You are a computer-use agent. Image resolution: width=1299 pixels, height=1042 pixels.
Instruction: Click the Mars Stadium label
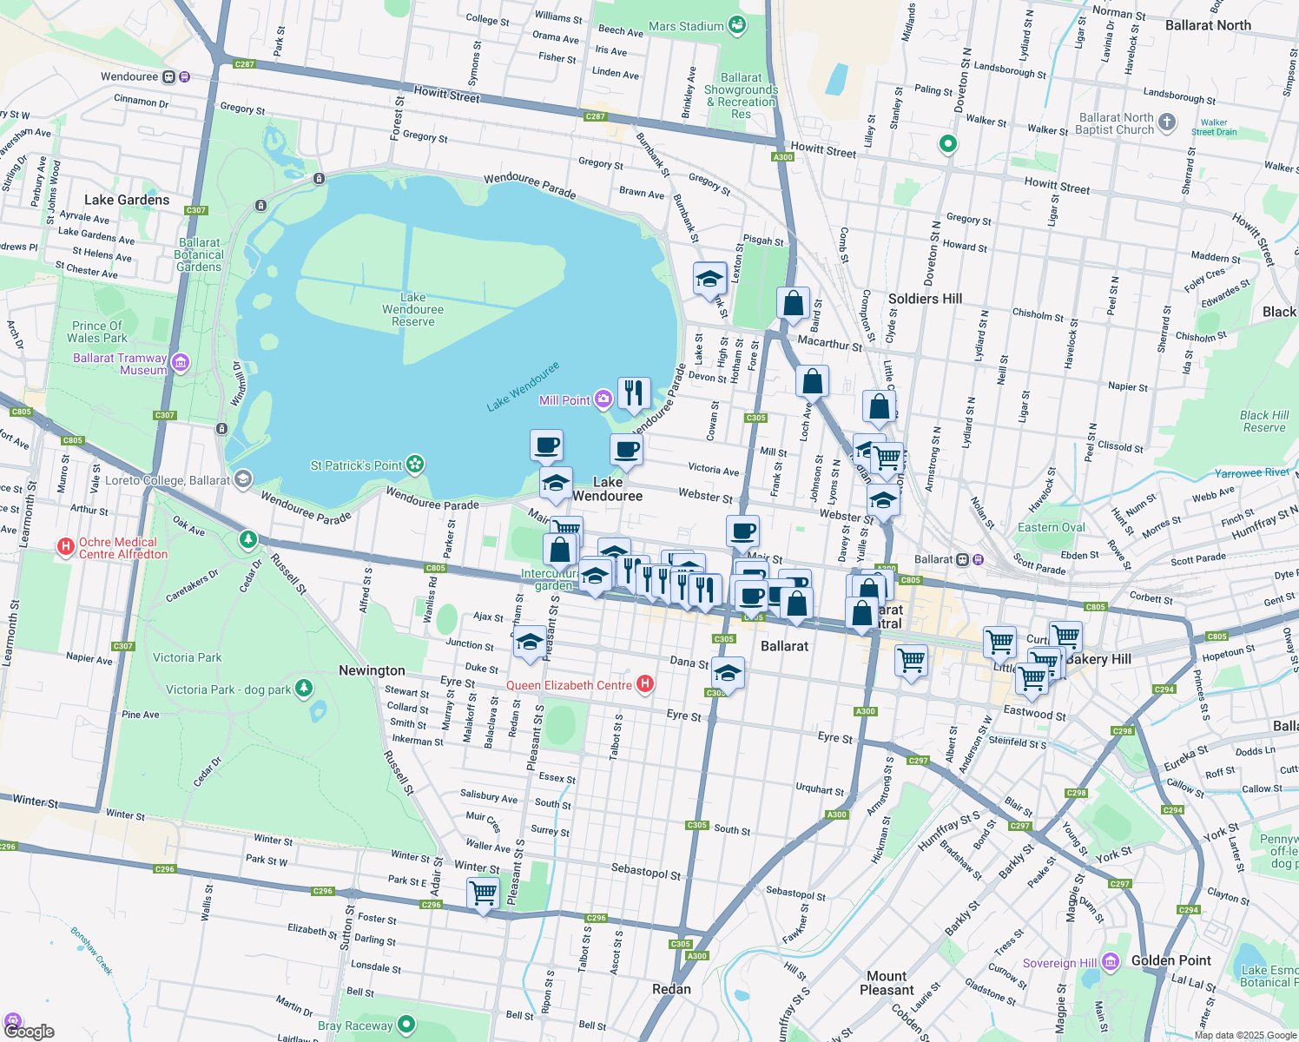686,26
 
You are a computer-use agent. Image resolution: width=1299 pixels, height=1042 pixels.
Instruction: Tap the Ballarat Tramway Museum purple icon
181,362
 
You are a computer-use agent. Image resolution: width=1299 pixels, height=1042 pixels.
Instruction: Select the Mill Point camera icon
603,399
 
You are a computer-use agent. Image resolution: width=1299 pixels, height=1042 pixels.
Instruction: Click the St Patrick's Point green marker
416,465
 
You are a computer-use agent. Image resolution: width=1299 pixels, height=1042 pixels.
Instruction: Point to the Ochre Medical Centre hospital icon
65,547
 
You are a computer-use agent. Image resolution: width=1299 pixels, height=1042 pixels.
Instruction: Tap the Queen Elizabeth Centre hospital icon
645,684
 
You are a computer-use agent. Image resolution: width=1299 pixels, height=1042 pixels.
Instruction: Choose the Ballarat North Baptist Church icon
1167,122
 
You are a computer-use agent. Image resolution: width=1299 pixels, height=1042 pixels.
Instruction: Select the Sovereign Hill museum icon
1111,962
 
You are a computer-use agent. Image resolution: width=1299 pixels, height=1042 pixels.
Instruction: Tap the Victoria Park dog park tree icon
303,689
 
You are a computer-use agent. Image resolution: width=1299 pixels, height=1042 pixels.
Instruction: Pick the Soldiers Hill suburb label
925,299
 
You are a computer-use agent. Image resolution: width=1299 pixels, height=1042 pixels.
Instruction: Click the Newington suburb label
372,670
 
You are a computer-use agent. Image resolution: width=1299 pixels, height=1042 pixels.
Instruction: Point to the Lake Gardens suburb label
127,200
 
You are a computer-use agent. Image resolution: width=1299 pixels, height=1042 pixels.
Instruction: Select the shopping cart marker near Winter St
483,893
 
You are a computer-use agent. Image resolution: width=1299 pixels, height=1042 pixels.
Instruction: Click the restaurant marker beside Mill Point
634,392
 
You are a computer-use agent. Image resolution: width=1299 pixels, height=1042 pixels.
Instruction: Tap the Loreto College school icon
243,479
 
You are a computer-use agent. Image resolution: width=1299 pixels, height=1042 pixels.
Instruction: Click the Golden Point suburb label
1170,960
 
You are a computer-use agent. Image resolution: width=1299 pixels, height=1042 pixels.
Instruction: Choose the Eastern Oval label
1051,527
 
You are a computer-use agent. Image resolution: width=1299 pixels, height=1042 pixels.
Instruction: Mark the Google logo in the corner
29,1032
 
